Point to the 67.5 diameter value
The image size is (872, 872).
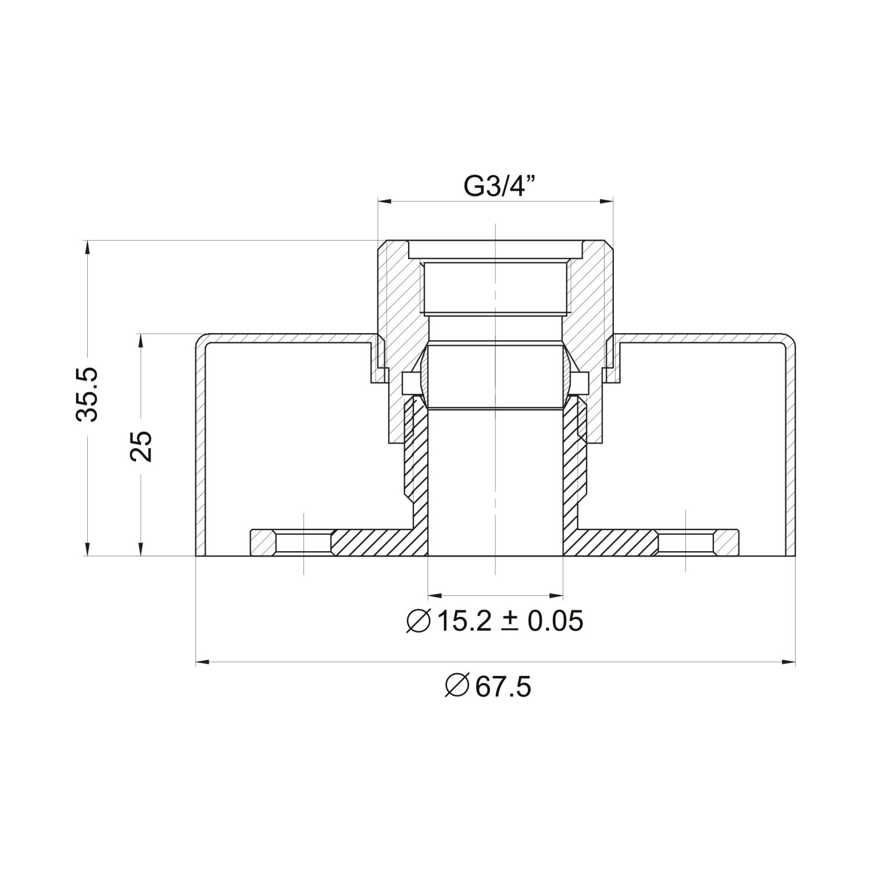503,688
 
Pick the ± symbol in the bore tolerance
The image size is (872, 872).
510,621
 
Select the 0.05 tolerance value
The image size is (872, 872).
554,621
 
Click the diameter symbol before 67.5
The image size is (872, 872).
456,688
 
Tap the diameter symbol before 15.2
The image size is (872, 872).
418,621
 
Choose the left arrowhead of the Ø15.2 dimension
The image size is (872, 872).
434,595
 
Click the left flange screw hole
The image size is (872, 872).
304,542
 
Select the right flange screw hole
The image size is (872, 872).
686,542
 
